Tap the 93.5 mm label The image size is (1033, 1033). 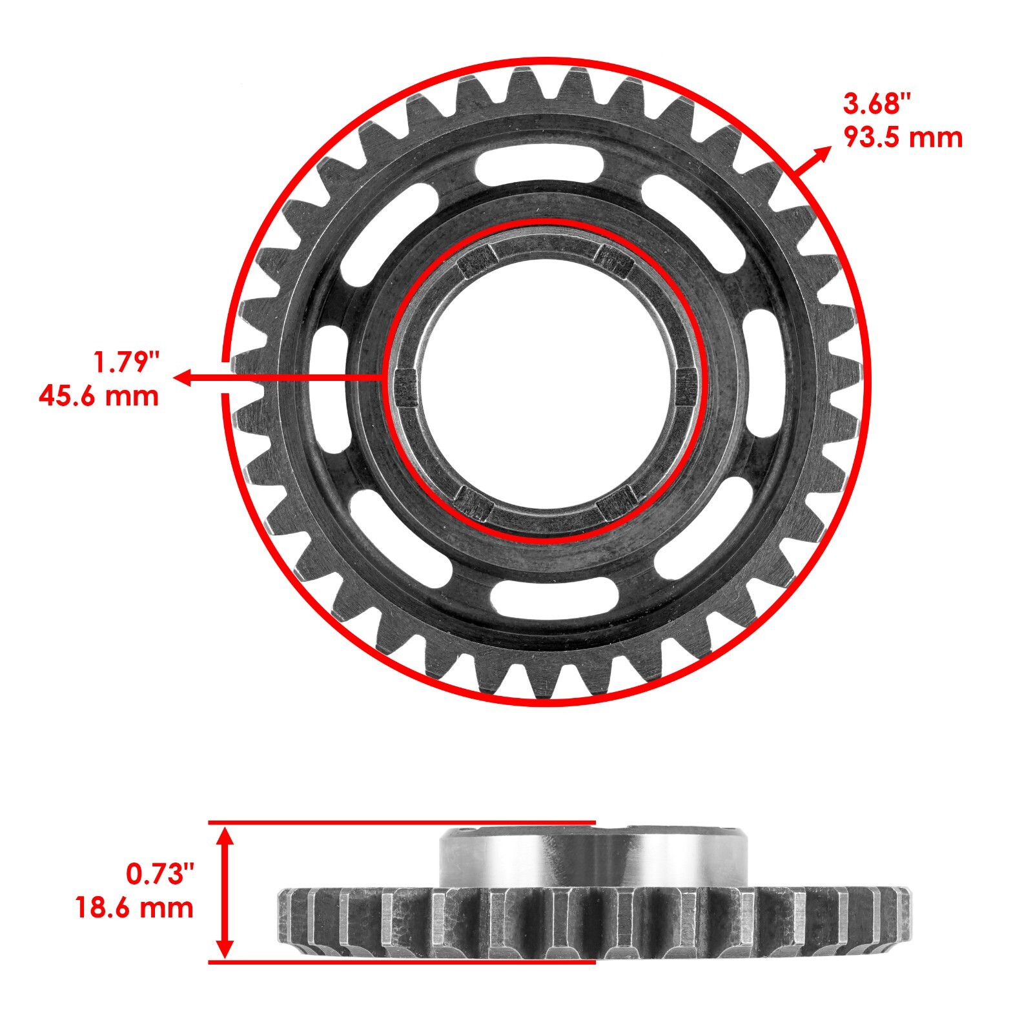pyautogui.click(x=903, y=138)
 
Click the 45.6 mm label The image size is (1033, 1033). pyautogui.click(x=99, y=396)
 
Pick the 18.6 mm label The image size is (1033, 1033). pyautogui.click(x=134, y=907)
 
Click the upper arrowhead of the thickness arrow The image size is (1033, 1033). pyautogui.click(x=224, y=838)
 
